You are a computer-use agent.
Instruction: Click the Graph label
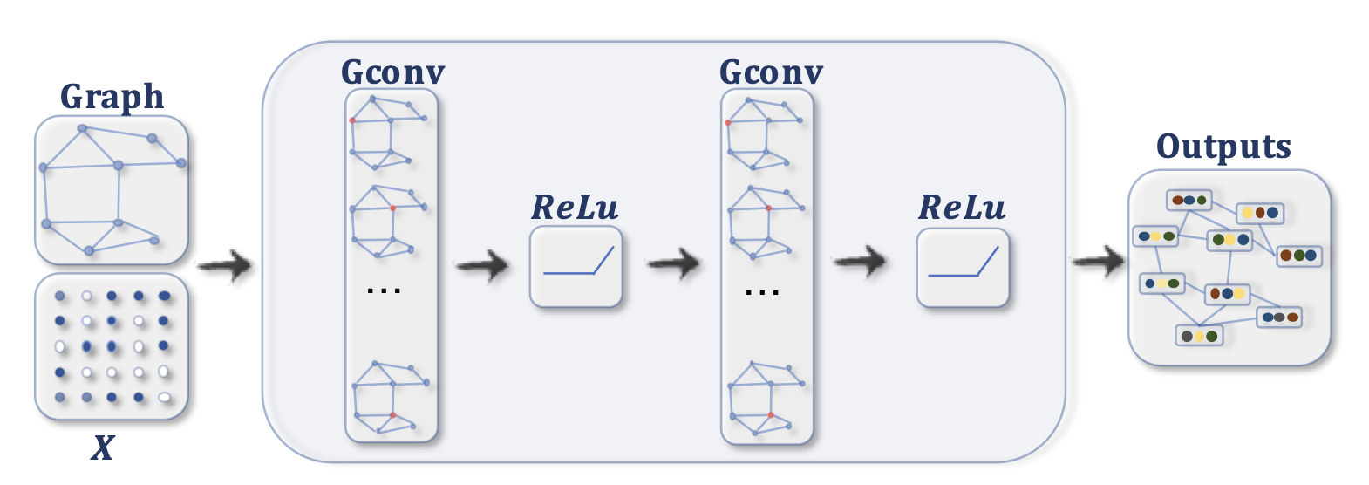click(112, 96)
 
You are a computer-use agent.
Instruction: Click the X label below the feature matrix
click(103, 447)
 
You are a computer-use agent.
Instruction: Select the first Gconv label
click(392, 72)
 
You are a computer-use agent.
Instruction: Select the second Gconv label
click(771, 72)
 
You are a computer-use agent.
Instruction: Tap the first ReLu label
click(575, 208)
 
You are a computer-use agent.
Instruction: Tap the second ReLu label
click(962, 208)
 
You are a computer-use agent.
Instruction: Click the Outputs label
click(1223, 147)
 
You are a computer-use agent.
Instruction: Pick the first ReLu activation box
click(576, 267)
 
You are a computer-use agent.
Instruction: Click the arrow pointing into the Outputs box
click(1099, 261)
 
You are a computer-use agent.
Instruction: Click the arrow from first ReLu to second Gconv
click(673, 262)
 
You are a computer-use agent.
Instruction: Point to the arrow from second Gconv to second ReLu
click(861, 261)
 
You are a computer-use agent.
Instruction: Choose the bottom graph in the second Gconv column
click(766, 399)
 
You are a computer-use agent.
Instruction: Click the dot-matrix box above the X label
click(112, 347)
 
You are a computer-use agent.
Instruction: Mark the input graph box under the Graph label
click(112, 190)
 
